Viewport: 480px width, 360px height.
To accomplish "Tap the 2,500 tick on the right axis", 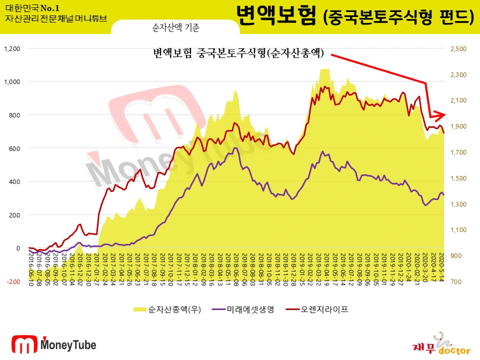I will coord(458,48).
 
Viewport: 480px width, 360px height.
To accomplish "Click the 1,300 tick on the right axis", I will coord(458,204).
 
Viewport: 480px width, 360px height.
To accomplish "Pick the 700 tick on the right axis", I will coord(456,281).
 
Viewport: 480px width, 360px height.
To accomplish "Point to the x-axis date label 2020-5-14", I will coord(441,267).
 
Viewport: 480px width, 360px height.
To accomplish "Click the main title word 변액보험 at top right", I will coord(276,16).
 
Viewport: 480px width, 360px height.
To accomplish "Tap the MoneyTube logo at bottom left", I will coord(53,344).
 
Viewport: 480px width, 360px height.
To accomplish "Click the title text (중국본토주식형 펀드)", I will coord(398,18).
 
